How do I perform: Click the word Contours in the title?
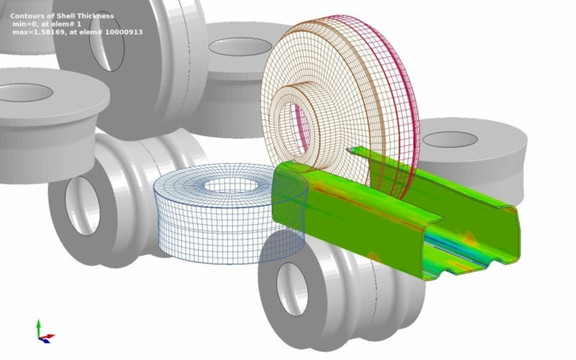[25, 16]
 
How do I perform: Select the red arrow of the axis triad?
[48, 336]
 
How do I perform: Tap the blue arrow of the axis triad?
[44, 340]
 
